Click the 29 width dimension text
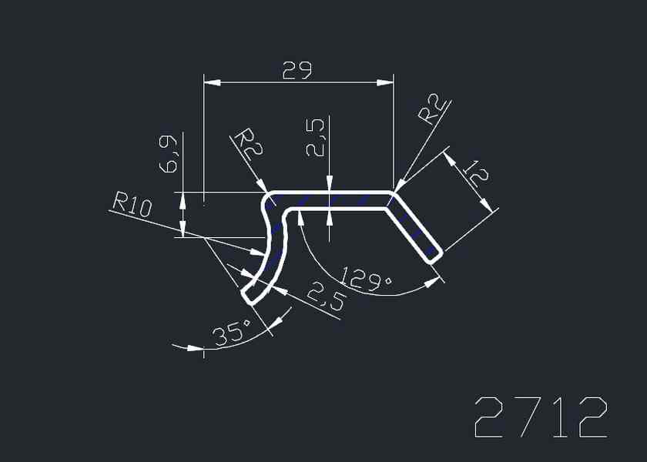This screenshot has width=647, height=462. click(297, 70)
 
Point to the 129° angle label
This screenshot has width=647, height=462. click(367, 280)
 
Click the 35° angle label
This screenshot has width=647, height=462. click(233, 332)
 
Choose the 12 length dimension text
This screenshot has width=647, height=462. click(474, 173)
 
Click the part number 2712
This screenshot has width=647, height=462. click(541, 417)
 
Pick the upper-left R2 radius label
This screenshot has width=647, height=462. click(248, 145)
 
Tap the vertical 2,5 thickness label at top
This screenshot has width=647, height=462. click(316, 138)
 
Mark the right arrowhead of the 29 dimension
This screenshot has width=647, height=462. click(385, 83)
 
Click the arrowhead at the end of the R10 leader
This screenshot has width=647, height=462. click(257, 252)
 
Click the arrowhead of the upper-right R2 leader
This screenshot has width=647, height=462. click(401, 186)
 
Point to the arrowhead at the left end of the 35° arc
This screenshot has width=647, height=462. click(195, 348)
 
